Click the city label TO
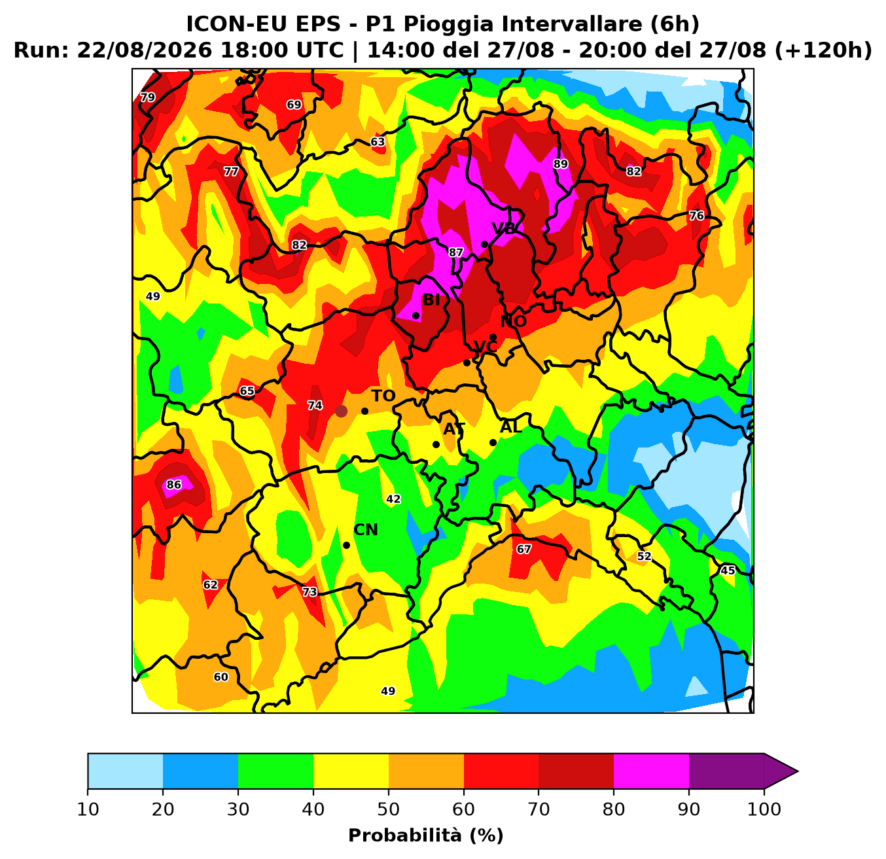[x=383, y=396]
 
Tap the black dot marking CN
[x=346, y=546]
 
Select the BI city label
[x=431, y=300]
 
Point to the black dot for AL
[x=493, y=442]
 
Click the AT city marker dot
[x=436, y=444]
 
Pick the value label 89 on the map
[x=561, y=164]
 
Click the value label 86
[x=173, y=485]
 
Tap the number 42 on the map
[x=393, y=499]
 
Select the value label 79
[x=147, y=97]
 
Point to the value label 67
[x=523, y=549]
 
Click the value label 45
[x=728, y=570]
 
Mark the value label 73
[x=310, y=592]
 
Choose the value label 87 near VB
[x=455, y=252]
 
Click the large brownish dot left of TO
[x=341, y=411]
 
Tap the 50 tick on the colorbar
[x=389, y=809]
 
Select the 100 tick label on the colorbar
[x=764, y=809]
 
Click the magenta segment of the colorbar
[x=651, y=771]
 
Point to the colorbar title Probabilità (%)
[x=426, y=836]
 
